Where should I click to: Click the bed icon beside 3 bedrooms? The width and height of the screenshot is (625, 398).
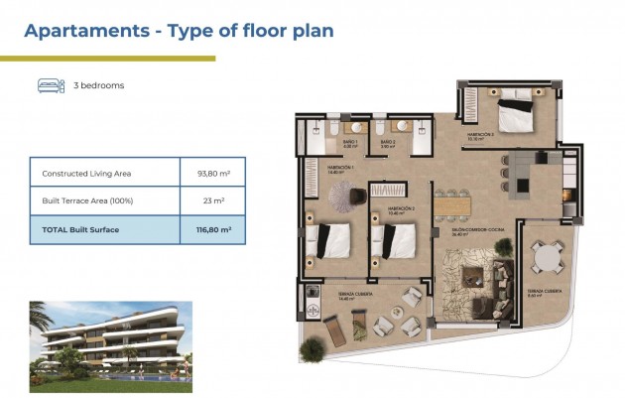click(x=49, y=85)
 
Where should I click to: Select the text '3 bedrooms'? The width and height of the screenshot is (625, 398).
click(x=99, y=86)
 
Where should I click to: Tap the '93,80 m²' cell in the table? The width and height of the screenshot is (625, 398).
click(x=213, y=174)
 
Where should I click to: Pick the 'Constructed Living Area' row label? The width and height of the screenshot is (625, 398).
click(x=86, y=174)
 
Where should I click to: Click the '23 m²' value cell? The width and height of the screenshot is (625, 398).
click(x=213, y=201)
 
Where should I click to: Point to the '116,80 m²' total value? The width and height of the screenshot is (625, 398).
click(x=213, y=229)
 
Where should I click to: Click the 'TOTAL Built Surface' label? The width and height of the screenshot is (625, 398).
click(x=80, y=229)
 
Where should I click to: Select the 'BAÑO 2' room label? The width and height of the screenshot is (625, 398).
click(x=389, y=141)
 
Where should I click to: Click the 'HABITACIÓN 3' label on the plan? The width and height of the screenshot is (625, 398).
click(x=386, y=209)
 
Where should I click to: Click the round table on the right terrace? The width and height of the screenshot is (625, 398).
click(x=544, y=258)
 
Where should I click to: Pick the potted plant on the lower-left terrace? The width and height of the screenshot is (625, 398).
click(x=313, y=348)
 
